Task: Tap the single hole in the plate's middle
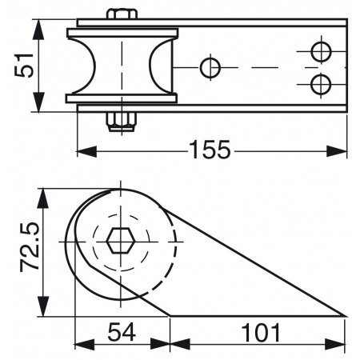click(210, 68)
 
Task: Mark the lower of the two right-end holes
click(321, 83)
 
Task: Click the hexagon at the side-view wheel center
click(120, 238)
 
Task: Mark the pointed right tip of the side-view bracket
click(345, 315)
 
